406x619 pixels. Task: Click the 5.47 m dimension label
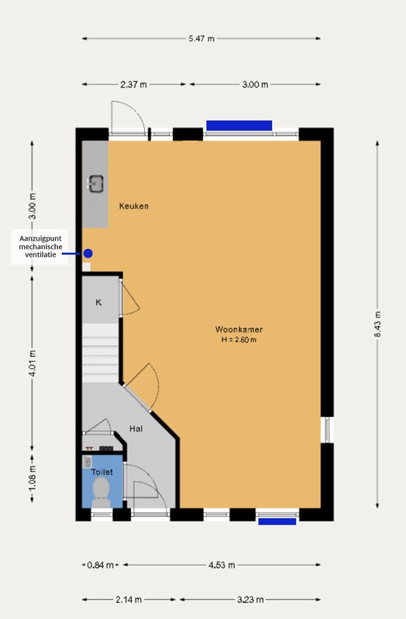click(201, 38)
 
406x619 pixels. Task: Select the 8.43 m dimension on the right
click(379, 325)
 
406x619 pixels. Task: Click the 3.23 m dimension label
click(250, 600)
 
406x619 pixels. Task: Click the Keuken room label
click(133, 207)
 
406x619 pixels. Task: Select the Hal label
click(136, 428)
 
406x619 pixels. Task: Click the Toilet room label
click(102, 471)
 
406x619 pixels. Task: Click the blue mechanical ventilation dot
click(88, 253)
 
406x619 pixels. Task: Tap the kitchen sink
click(97, 184)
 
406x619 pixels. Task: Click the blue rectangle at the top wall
click(239, 125)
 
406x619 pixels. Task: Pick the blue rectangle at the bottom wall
click(277, 521)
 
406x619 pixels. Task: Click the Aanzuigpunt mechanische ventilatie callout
click(37, 247)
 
